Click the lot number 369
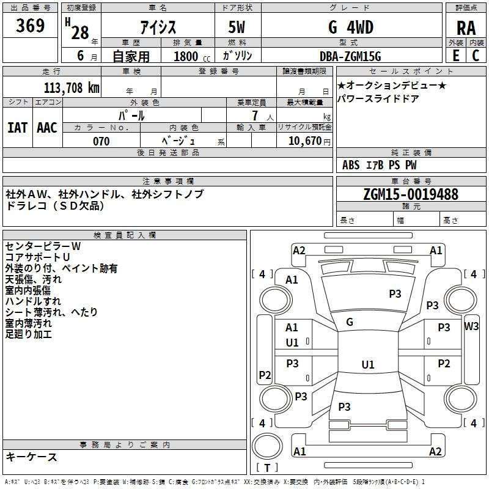30,25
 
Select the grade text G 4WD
351,28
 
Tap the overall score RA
466,28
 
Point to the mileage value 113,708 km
72,88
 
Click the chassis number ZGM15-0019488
411,194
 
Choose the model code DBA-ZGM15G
350,56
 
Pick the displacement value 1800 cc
192,56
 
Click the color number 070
101,141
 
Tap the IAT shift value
18,128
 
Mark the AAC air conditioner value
47,128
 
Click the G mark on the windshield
350,322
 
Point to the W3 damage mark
471,326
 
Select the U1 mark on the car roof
368,364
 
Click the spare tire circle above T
267,446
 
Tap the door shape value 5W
237,28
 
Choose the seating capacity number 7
255,116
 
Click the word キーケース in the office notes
31,457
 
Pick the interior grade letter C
476,56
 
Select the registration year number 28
80,33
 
